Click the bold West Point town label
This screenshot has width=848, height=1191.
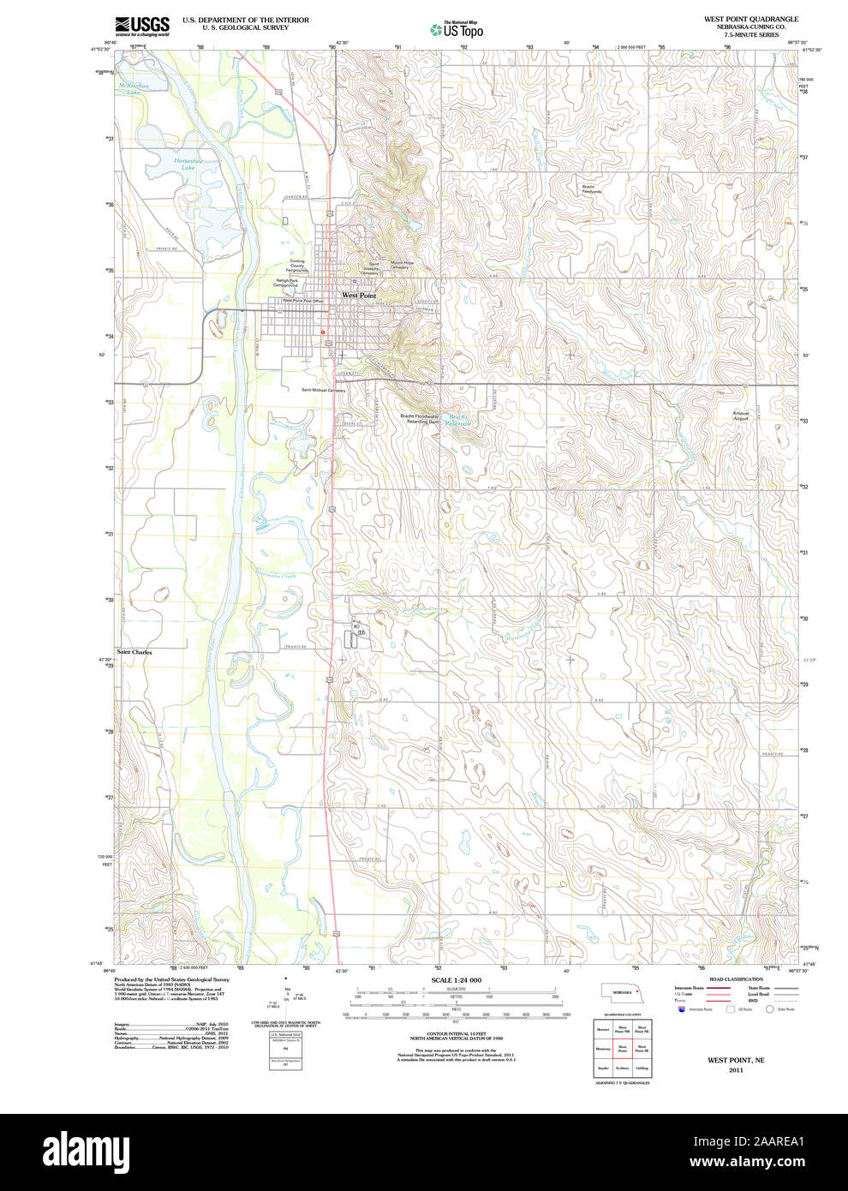pyautogui.click(x=359, y=295)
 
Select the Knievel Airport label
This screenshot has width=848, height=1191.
pyautogui.click(x=741, y=416)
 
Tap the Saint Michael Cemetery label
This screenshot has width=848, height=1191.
pyautogui.click(x=323, y=390)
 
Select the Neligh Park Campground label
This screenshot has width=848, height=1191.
pyautogui.click(x=286, y=283)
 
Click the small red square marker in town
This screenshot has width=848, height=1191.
pyautogui.click(x=323, y=332)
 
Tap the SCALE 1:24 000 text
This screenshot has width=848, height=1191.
pyautogui.click(x=456, y=979)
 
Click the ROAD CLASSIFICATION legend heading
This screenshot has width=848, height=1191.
pyautogui.click(x=736, y=979)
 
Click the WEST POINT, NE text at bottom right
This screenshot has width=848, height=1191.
pyautogui.click(x=736, y=1060)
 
